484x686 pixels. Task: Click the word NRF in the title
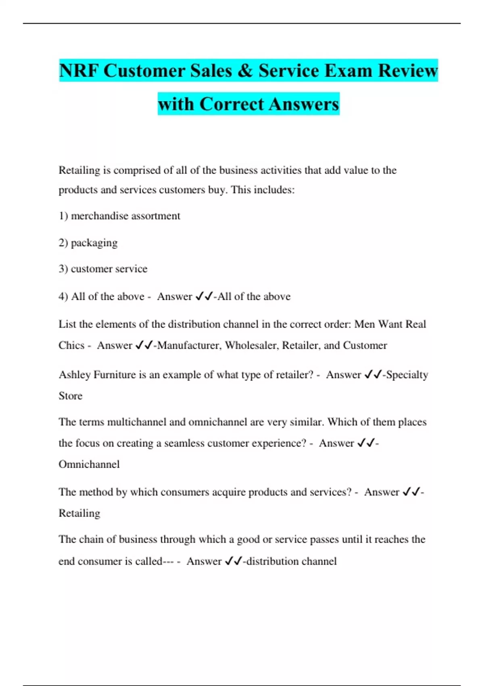pyautogui.click(x=79, y=71)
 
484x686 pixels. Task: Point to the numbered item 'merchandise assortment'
pyautogui.click(x=125, y=216)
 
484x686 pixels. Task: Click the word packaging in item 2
pyautogui.click(x=94, y=243)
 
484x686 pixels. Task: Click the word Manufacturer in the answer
pyautogui.click(x=188, y=345)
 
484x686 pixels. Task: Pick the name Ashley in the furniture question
pyautogui.click(x=75, y=375)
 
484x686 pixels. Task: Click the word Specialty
pyautogui.click(x=407, y=375)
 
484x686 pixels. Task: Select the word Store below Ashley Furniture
pyautogui.click(x=71, y=396)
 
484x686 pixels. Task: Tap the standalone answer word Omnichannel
pyautogui.click(x=89, y=464)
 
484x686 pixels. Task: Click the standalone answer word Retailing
pyautogui.click(x=79, y=513)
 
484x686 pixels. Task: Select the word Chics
pyautogui.click(x=71, y=345)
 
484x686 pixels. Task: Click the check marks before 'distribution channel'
pyautogui.click(x=233, y=561)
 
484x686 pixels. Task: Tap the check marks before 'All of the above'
pyautogui.click(x=204, y=297)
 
